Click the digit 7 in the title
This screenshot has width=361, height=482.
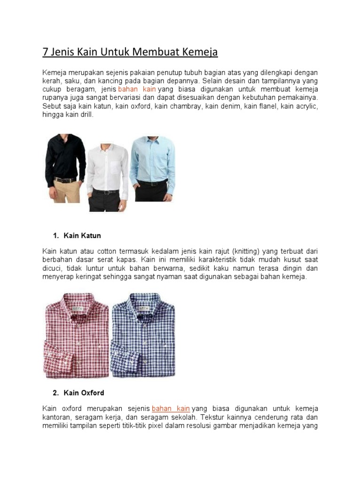point(45,52)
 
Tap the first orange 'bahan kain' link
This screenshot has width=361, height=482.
point(137,89)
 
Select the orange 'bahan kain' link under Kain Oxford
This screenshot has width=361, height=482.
point(171,409)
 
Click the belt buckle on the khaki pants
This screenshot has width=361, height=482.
point(63,180)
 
